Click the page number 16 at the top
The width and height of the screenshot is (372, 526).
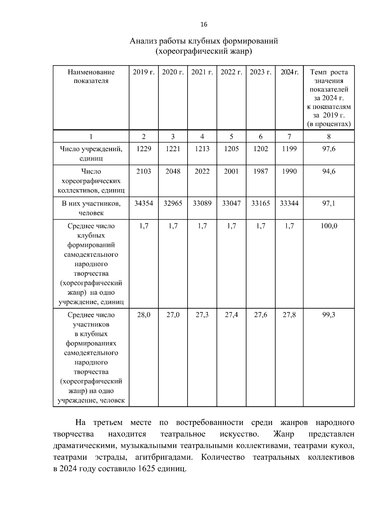click(x=204, y=24)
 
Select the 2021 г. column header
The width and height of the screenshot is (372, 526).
click(x=202, y=72)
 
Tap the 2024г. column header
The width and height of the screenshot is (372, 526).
click(x=289, y=72)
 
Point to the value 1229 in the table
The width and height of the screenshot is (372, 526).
click(x=144, y=149)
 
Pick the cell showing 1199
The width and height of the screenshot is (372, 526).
click(x=289, y=149)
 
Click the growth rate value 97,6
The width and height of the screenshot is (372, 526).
click(x=329, y=149)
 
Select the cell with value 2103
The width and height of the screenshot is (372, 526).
click(x=144, y=171)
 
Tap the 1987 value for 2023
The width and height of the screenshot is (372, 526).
click(x=260, y=171)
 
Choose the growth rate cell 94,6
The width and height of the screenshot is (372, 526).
click(x=329, y=171)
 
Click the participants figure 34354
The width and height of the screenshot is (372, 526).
click(x=144, y=204)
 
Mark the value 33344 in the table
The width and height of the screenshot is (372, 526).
click(x=289, y=204)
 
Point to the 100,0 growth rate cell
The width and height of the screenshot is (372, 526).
click(x=329, y=226)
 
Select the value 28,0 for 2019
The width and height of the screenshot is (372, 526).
click(x=144, y=315)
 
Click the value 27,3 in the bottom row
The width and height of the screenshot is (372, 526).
click(x=202, y=315)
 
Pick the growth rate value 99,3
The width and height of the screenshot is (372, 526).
click(x=329, y=315)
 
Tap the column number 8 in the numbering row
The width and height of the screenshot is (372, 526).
click(x=329, y=137)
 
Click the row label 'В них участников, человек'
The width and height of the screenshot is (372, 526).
click(x=91, y=208)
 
